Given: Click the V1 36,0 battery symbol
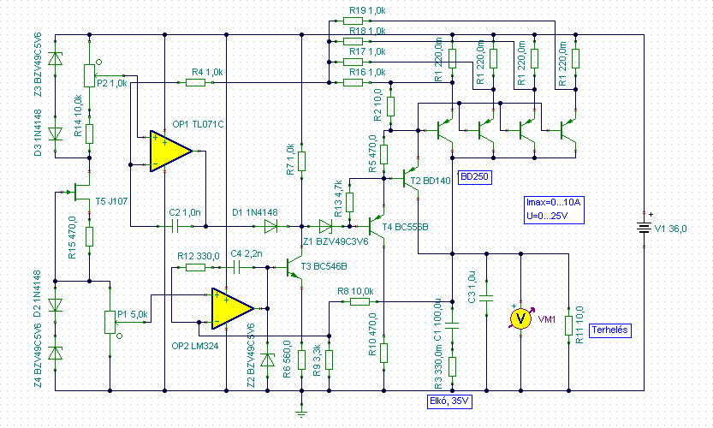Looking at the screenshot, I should pos(642,228).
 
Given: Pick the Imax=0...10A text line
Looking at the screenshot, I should pos(553,202).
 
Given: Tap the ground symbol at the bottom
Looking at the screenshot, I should pos(301,413).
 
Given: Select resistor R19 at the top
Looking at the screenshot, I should pos(355,25).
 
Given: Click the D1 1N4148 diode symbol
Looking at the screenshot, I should pos(271,227).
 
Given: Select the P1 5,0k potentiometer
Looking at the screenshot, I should pos(110,322).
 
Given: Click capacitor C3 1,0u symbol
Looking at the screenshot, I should pos(486,300).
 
